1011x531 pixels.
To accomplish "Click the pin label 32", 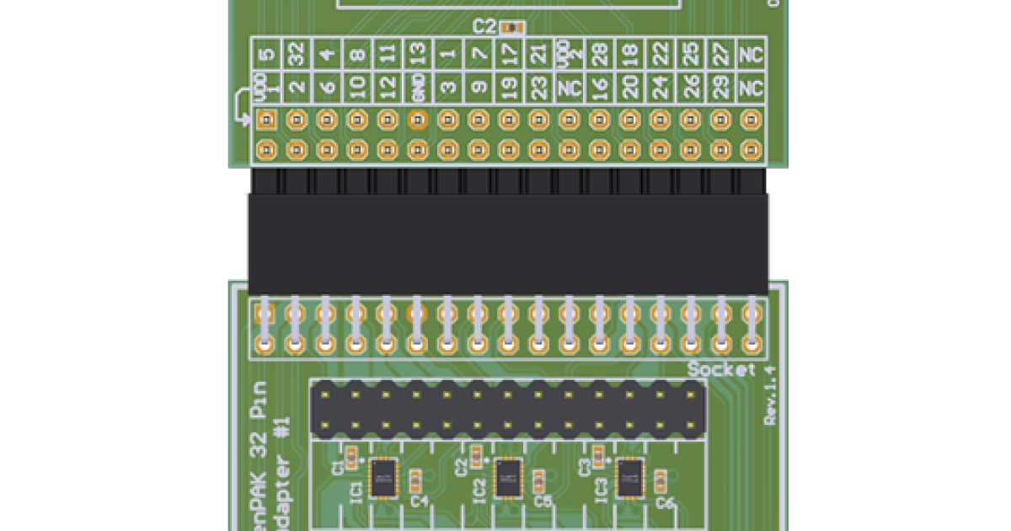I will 296,55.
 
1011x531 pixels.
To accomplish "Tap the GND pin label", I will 417,87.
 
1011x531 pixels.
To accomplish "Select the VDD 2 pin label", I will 569,55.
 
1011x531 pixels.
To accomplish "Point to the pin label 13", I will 417,55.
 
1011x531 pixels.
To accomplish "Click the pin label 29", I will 720,87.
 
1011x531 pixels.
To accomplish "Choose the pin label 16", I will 599,87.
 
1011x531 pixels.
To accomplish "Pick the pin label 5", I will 265,55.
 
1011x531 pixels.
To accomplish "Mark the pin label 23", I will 538,87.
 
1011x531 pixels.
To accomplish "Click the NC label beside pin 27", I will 750,55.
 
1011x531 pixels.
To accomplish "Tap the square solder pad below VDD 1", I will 265,120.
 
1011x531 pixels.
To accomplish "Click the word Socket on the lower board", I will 721,369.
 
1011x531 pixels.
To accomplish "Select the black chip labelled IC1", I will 384,478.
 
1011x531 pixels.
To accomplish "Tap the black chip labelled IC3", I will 629,478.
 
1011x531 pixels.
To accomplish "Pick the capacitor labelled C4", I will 415,480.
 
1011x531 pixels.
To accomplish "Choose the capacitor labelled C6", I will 661,480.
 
